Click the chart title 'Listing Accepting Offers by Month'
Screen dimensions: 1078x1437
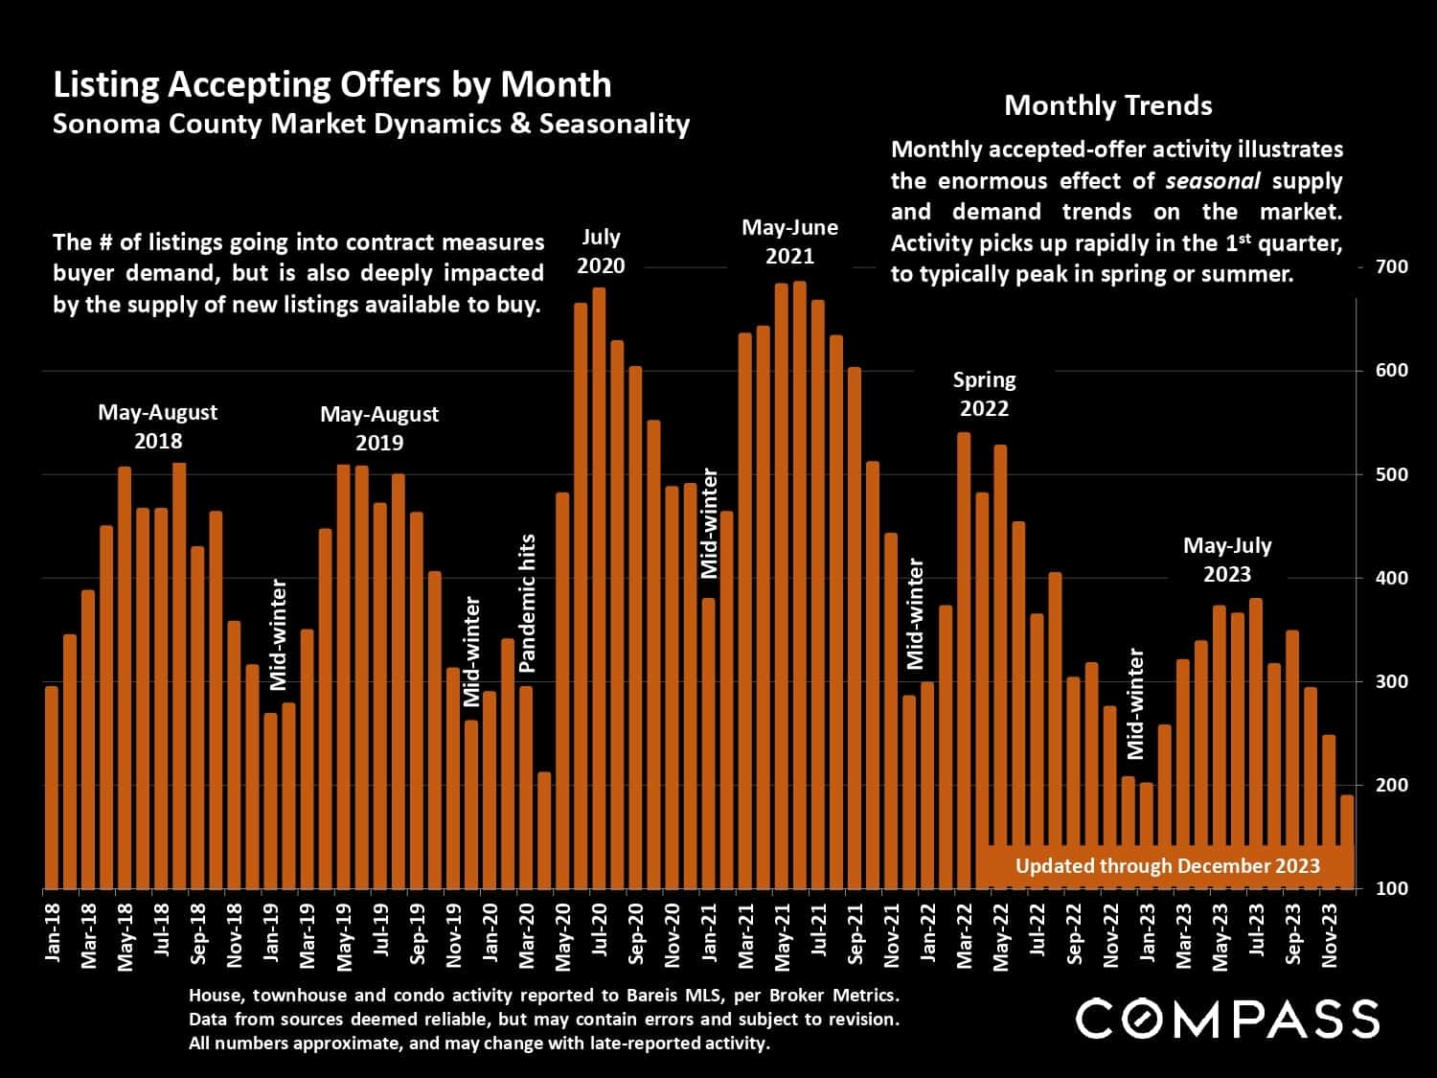(331, 85)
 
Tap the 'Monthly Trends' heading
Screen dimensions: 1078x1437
(1107, 105)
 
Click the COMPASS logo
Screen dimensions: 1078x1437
(1227, 1018)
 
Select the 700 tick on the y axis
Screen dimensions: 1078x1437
(1391, 266)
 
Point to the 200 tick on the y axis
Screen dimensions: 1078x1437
(1391, 785)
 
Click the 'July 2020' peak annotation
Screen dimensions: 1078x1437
(601, 251)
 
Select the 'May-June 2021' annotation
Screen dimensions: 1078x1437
(789, 241)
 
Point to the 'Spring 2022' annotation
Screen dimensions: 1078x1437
(984, 394)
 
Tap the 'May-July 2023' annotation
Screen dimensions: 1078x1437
(1226, 560)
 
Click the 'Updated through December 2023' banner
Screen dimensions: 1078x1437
(1167, 866)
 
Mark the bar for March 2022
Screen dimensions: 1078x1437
(964, 661)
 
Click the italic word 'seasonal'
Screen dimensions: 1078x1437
(1212, 180)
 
